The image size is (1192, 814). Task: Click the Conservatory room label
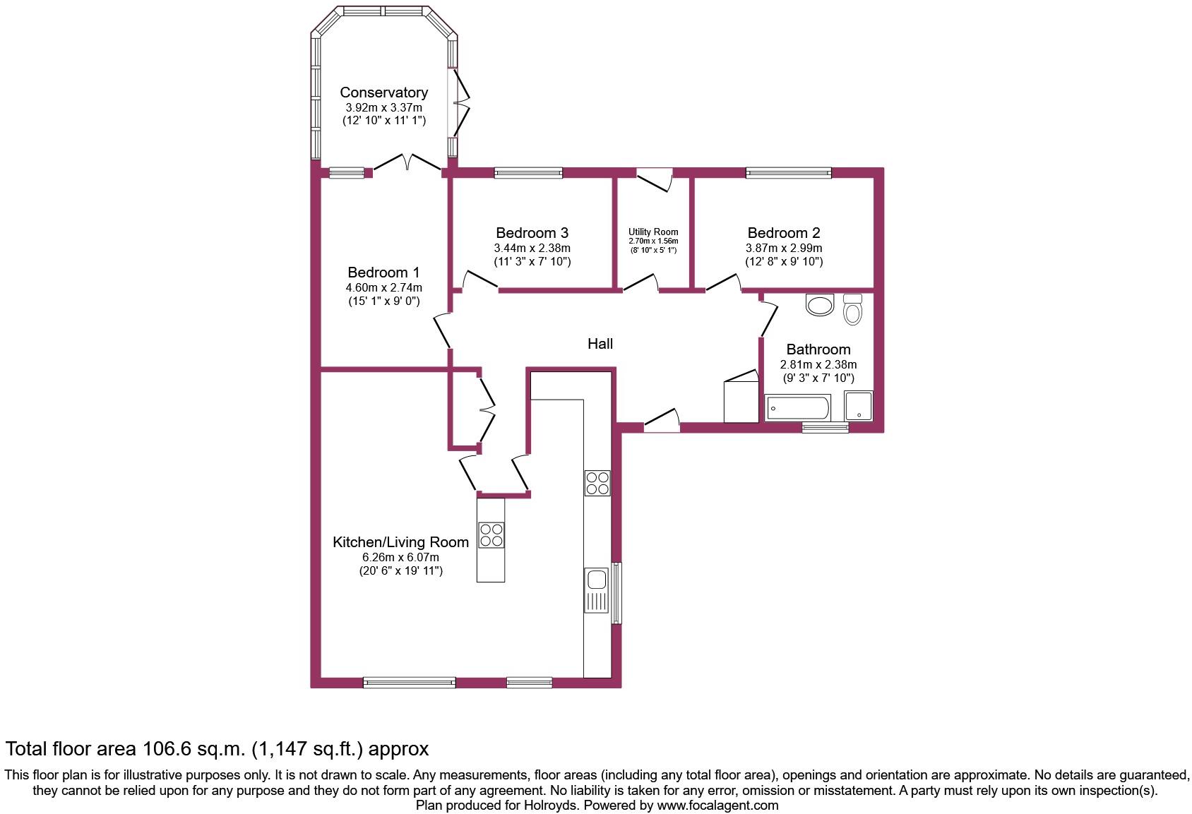point(383,92)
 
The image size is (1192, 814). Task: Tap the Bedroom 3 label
point(532,233)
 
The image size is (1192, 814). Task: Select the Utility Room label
point(653,232)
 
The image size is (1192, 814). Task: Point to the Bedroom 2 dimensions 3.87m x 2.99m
point(784,249)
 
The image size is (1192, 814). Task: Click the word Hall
point(600,344)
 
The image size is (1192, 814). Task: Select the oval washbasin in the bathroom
point(821,306)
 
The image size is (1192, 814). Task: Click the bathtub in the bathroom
point(798,408)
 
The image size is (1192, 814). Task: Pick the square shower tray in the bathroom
point(859,406)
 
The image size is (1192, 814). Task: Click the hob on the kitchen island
point(491,534)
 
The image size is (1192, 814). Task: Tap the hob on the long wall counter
point(597,483)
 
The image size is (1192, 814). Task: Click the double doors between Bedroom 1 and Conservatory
point(407,164)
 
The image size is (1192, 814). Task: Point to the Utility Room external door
point(654,179)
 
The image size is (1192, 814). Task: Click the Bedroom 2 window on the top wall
point(789,172)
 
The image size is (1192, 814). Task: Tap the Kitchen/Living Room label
point(400,542)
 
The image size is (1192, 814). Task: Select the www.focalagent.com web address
point(717,805)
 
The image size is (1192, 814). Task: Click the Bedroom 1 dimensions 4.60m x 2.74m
point(383,287)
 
